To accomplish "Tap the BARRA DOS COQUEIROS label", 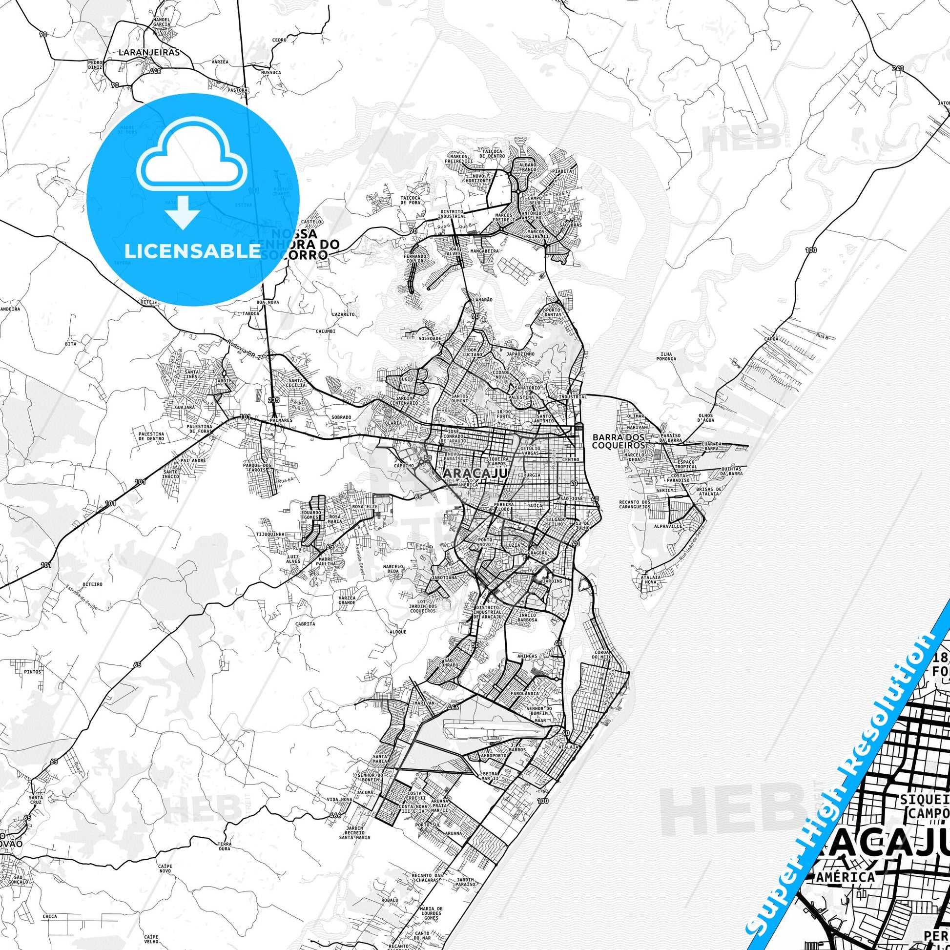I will (x=619, y=441).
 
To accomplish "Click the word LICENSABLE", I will (x=193, y=251).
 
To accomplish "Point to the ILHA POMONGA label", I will (x=669, y=356).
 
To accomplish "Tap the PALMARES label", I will (x=282, y=421).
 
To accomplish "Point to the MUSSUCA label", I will (x=271, y=72).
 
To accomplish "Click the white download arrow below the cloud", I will (x=183, y=211).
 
